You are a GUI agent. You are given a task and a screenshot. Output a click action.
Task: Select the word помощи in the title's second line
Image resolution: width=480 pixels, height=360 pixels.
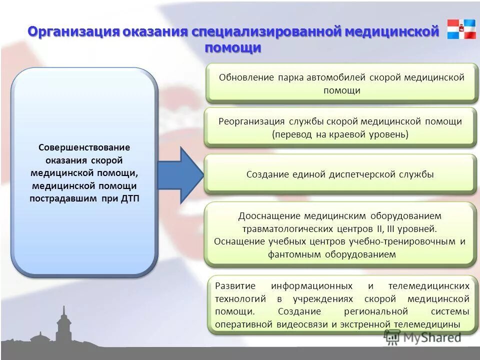pyautogui.click(x=233, y=48)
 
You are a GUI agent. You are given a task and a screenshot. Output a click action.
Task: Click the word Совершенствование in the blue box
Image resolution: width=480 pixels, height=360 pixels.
pyautogui.click(x=84, y=148)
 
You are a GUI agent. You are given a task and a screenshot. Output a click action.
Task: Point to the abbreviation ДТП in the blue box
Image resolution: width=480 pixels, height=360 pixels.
pyautogui.click(x=131, y=198)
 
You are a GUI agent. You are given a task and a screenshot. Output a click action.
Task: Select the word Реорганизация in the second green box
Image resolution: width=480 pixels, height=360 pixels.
pyautogui.click(x=251, y=121)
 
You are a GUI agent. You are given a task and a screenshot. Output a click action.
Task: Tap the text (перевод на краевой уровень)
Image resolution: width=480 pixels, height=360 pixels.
pyautogui.click(x=340, y=134)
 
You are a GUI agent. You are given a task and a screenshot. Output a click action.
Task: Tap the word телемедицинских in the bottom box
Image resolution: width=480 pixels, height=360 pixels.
pyautogui.click(x=428, y=286)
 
